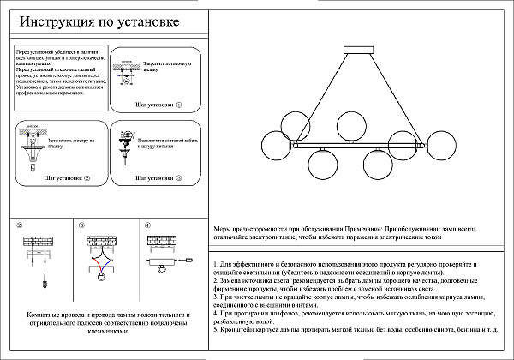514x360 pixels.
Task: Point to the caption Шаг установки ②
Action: pyautogui.click(x=66, y=179)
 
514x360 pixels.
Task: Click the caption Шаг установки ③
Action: pyautogui.click(x=154, y=179)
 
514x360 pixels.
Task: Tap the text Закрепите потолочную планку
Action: pyautogui.click(x=165, y=67)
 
